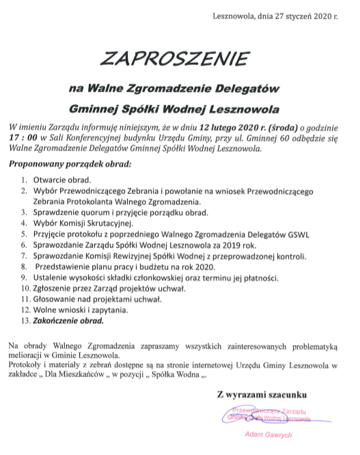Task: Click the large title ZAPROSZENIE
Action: [x=179, y=59]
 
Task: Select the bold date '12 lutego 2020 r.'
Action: [x=230, y=127]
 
